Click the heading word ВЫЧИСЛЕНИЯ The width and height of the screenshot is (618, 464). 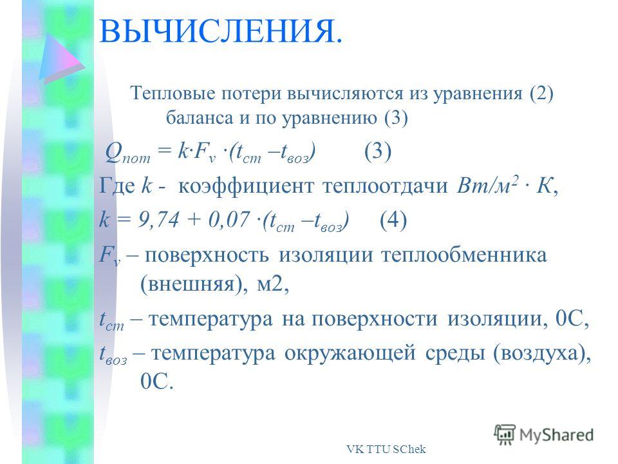221,31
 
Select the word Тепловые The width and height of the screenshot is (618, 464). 173,93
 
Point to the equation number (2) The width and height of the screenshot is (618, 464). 541,94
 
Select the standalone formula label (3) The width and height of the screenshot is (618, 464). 378,151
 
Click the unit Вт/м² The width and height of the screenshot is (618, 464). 487,185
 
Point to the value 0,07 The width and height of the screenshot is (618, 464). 229,219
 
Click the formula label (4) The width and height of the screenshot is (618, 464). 393,220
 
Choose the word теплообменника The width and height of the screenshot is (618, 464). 464,255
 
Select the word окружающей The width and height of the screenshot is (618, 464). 350,353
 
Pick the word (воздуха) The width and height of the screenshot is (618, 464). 542,353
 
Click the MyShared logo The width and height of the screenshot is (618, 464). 544,435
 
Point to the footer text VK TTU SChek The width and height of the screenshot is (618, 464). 386,449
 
